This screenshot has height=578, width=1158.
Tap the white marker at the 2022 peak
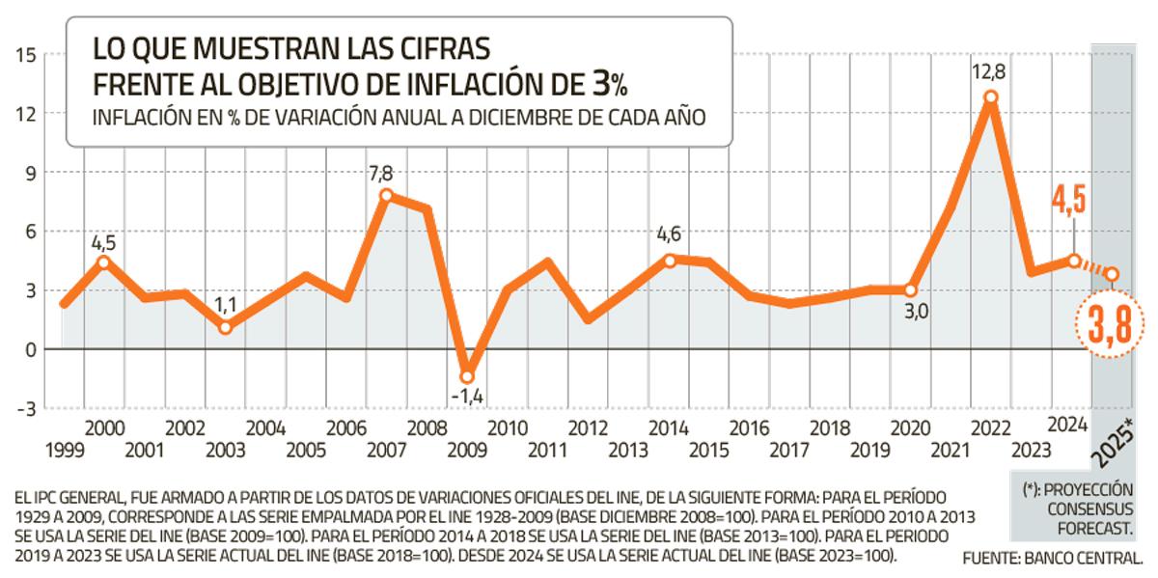click(x=990, y=97)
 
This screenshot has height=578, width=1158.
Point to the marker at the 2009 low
click(x=468, y=376)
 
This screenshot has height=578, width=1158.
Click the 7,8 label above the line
click(x=381, y=174)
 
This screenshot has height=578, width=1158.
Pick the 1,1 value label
click(x=224, y=306)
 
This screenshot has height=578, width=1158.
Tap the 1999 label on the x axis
click(x=64, y=449)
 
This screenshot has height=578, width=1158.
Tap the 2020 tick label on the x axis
click(x=908, y=427)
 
